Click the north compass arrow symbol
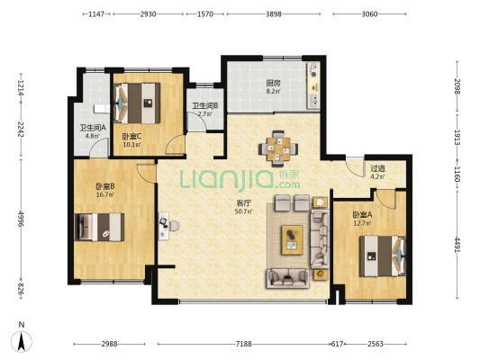click(21, 342)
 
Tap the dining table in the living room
click(278, 149)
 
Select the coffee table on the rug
click(293, 239)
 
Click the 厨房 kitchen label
click(273, 83)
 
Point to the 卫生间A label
click(93, 128)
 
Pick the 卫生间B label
click(204, 106)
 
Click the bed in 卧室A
click(383, 256)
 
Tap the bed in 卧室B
click(99, 228)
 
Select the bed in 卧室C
click(137, 103)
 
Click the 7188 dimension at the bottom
click(244, 344)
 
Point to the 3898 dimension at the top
click(274, 14)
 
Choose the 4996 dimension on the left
click(21, 219)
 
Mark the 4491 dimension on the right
click(457, 245)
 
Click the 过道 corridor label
click(377, 168)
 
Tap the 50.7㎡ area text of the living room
click(243, 211)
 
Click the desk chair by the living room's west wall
click(174, 226)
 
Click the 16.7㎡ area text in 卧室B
click(105, 194)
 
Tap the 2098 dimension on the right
click(457, 86)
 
